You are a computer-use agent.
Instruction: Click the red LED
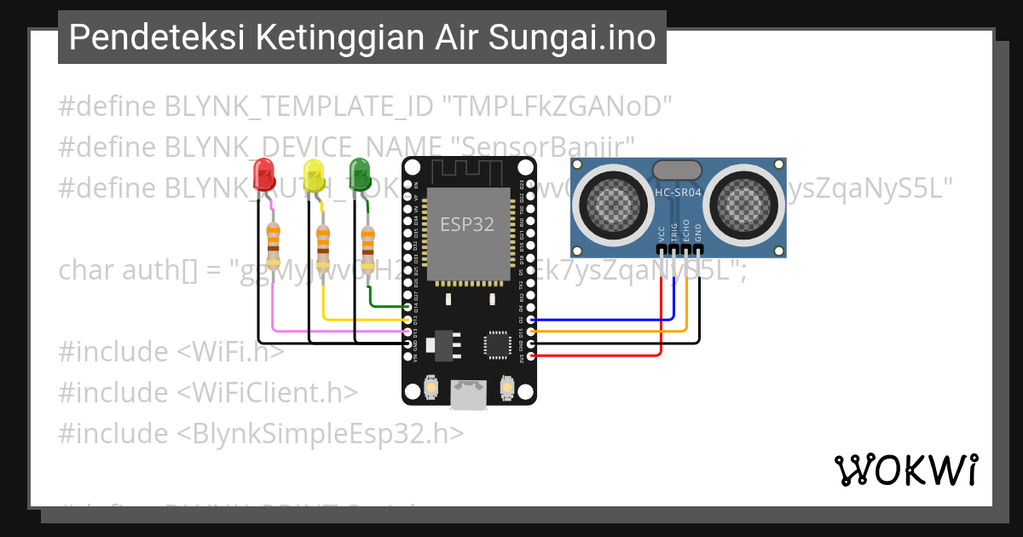click(264, 175)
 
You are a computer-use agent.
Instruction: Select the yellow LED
click(314, 175)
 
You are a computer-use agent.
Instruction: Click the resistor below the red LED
click(273, 244)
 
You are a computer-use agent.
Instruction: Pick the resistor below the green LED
click(367, 244)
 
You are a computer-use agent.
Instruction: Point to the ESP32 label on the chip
click(467, 225)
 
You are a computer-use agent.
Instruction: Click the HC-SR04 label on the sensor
click(679, 193)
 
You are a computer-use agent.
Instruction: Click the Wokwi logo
click(905, 470)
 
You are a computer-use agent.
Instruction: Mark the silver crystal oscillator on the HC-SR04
click(678, 170)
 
